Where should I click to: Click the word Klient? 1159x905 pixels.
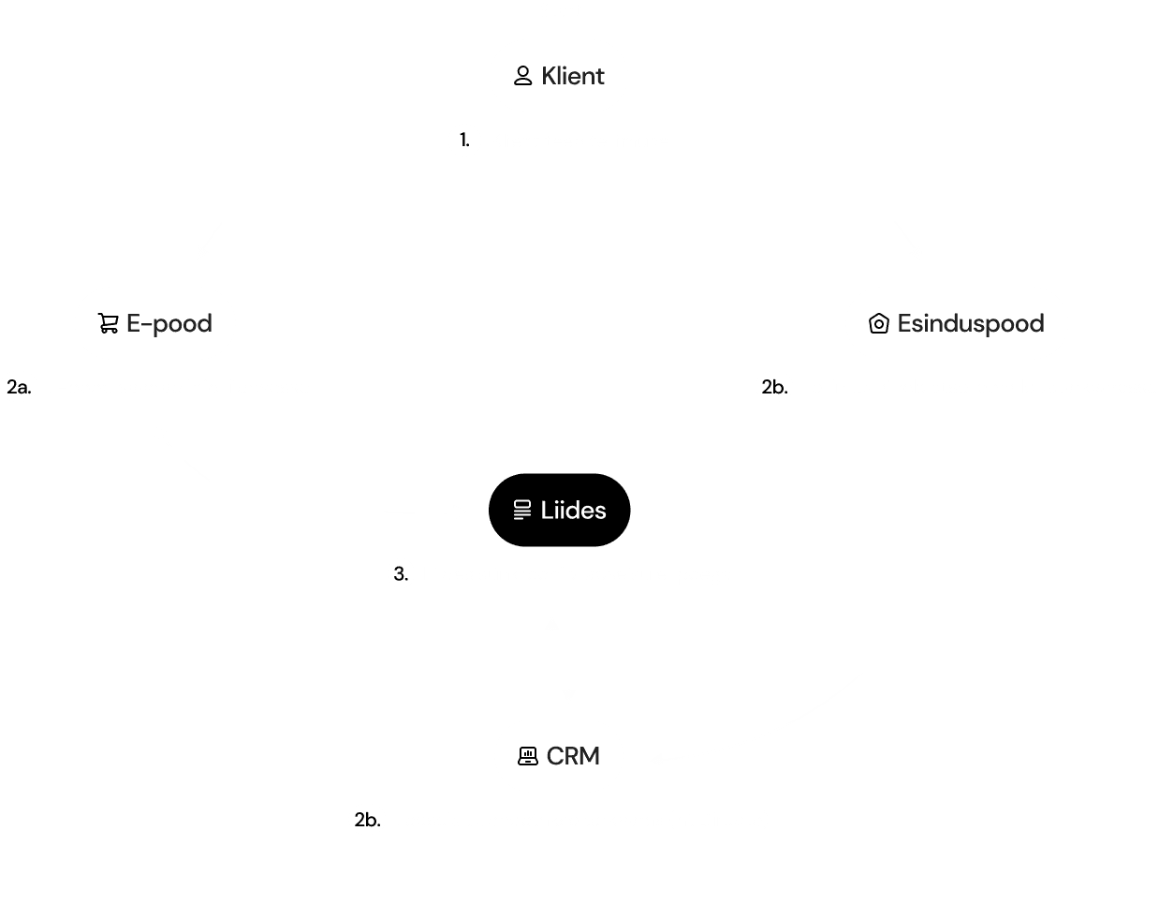click(572, 76)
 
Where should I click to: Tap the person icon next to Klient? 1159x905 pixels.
click(522, 76)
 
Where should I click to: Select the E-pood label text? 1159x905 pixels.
click(169, 324)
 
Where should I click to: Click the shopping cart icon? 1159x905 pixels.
click(109, 323)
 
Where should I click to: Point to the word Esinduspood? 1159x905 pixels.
click(971, 324)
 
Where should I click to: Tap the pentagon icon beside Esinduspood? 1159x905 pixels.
click(878, 323)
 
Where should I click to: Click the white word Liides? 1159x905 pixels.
click(573, 511)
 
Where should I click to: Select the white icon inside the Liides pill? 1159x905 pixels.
click(522, 510)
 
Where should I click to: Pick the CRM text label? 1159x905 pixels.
click(573, 756)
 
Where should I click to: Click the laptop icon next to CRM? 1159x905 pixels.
click(527, 756)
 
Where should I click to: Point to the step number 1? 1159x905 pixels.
click(464, 141)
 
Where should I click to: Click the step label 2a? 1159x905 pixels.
click(19, 388)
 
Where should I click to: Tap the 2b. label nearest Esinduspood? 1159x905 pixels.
click(774, 388)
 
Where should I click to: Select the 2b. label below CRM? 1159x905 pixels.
click(368, 820)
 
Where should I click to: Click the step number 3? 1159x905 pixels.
click(401, 574)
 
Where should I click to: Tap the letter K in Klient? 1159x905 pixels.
click(550, 76)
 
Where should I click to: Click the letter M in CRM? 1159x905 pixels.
click(589, 756)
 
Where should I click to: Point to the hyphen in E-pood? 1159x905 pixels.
click(146, 325)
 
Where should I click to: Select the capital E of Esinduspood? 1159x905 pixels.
click(904, 323)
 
